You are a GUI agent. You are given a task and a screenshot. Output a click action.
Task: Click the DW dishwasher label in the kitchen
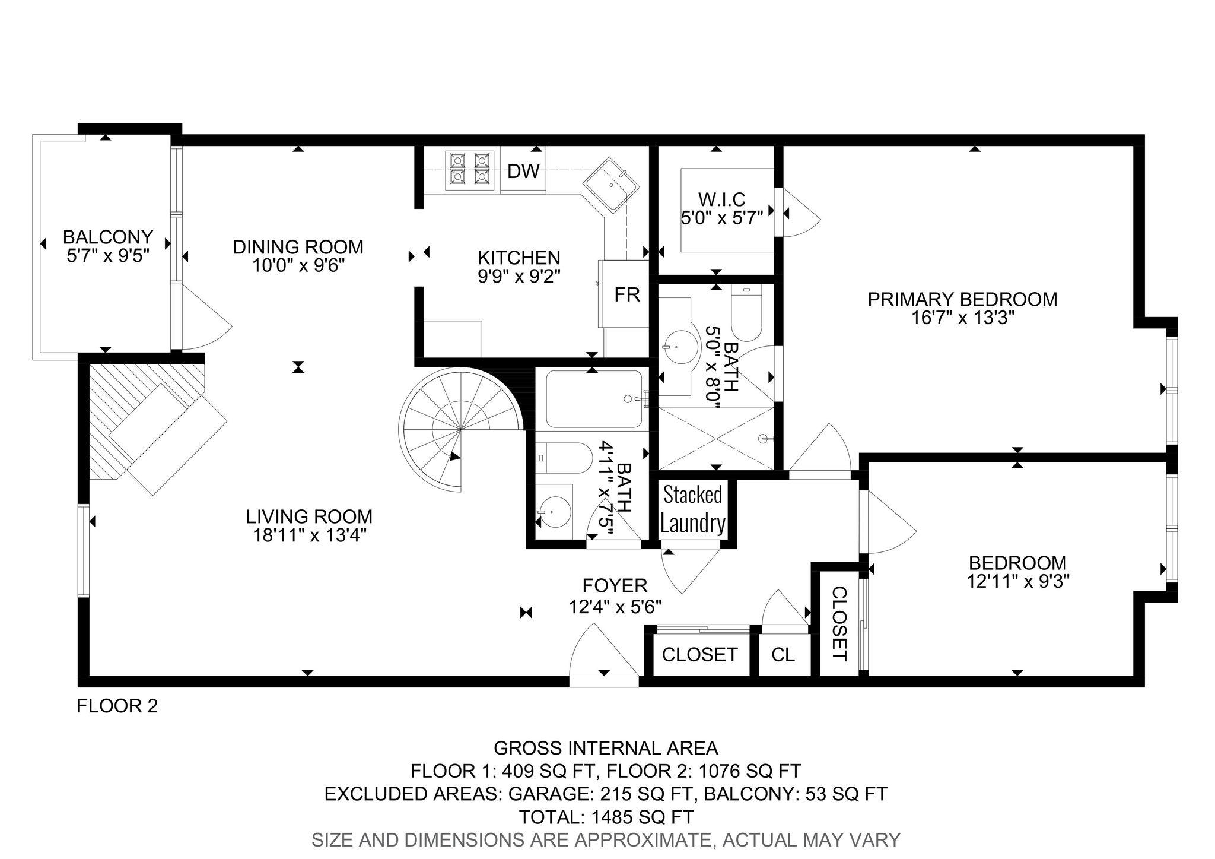[x=523, y=172]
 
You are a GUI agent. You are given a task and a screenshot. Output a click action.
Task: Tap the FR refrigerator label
[x=627, y=294]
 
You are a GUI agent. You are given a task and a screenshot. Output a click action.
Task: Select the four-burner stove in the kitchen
[x=470, y=170]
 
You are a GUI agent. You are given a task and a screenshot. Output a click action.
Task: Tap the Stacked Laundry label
[x=693, y=509]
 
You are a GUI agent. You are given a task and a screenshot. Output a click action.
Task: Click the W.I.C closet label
[x=721, y=199]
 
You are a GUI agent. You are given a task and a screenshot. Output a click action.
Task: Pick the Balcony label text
[x=108, y=237]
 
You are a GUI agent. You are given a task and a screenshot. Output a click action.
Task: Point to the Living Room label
[x=309, y=516]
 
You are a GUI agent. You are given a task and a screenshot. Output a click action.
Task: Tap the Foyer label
[x=615, y=586]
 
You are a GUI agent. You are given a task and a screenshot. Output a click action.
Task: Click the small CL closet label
[x=783, y=655]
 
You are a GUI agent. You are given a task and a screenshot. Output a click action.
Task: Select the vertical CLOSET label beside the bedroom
[x=839, y=624]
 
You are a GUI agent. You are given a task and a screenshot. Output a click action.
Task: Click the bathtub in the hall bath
[x=593, y=399]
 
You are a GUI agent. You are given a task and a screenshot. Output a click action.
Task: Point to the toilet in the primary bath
[x=746, y=312]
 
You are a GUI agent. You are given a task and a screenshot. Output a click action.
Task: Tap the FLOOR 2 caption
[x=117, y=706]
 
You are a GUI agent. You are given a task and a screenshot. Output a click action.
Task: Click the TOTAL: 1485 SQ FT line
[x=606, y=817]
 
